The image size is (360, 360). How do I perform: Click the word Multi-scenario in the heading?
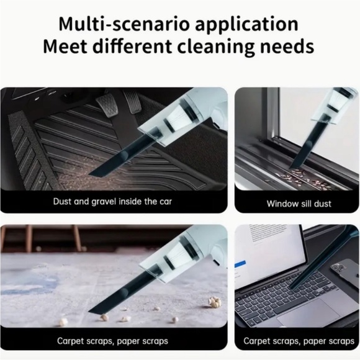pos(124,24)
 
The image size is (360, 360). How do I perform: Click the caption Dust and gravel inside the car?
pos(112,202)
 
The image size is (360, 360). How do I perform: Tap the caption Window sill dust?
pos(299,204)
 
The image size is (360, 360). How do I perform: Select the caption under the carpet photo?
pos(112,341)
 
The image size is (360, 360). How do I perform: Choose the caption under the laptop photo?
pos(299,341)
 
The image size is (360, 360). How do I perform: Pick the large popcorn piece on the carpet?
pos(215,301)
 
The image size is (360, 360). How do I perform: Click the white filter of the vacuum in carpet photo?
pos(178,256)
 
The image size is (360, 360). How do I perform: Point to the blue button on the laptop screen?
pos(240,264)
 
